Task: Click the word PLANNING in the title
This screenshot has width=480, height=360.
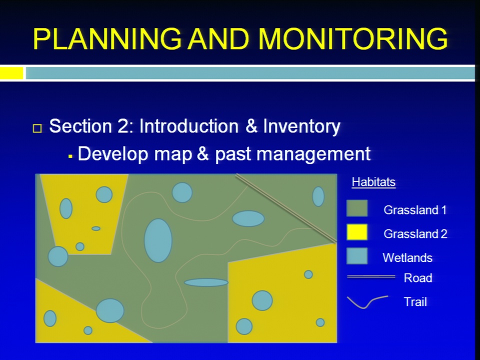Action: [x=107, y=38]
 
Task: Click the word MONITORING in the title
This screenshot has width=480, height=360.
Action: [x=353, y=38]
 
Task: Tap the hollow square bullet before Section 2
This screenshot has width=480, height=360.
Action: [x=37, y=128]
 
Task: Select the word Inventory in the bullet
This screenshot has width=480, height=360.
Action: [x=301, y=126]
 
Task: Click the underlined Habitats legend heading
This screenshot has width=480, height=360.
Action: [x=373, y=182]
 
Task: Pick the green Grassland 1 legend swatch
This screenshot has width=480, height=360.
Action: [x=357, y=208]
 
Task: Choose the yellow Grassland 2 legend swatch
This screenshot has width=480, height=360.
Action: [x=357, y=232]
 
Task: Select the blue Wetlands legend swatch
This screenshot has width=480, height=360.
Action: [x=357, y=255]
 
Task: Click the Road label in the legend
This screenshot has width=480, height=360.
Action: [x=418, y=278]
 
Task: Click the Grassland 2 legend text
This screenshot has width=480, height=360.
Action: [x=415, y=234]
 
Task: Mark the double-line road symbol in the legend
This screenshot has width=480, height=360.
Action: [x=371, y=276]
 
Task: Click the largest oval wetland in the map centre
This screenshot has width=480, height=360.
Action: [x=158, y=240]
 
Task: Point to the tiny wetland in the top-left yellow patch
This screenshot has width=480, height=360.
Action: [x=96, y=228]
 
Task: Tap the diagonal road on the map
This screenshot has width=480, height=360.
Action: [x=286, y=208]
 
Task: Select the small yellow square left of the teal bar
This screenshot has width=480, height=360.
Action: [x=11, y=73]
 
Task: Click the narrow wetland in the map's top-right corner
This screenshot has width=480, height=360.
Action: [x=318, y=196]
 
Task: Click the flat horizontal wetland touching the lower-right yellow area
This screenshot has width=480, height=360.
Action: [x=206, y=282]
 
